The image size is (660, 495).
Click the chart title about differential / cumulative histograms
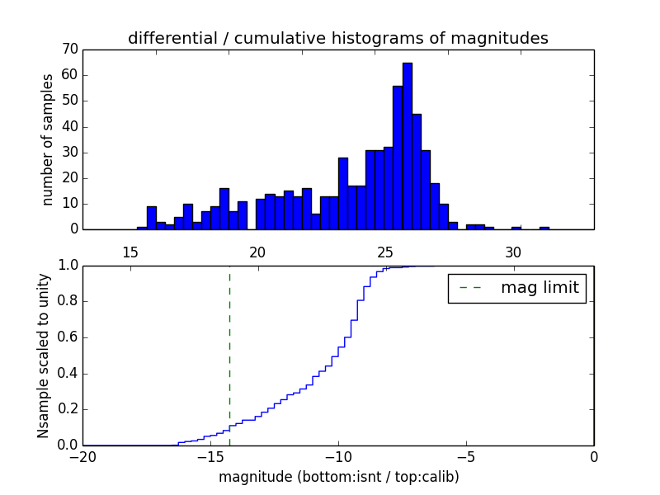[x=337, y=39]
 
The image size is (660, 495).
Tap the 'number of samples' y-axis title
[x=48, y=139]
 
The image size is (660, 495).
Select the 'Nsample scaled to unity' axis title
[x=43, y=356]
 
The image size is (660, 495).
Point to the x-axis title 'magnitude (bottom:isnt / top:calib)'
[x=338, y=477]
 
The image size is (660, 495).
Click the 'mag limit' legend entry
[x=516, y=288]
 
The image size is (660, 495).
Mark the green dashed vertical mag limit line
[x=229, y=355]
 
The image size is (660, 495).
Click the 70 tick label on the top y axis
[x=69, y=49]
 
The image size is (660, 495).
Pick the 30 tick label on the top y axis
[x=69, y=152]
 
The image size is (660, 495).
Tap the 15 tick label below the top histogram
[x=130, y=252]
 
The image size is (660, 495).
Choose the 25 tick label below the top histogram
[x=385, y=252]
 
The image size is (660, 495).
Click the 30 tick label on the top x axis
[x=513, y=252]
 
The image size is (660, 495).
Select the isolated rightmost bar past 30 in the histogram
[x=544, y=228]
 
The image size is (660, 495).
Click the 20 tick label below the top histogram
[x=257, y=252]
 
